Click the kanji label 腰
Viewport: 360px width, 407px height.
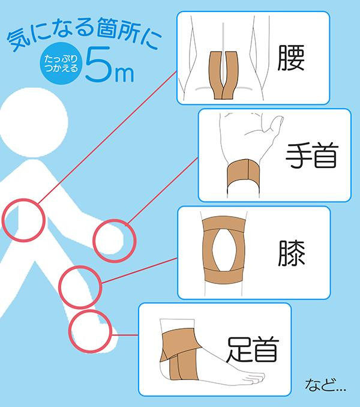(290, 58)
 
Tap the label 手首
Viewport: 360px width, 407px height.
(312, 155)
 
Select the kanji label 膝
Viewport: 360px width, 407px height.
(292, 253)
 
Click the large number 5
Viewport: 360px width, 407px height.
(98, 64)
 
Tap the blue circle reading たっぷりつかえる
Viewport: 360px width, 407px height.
(61, 63)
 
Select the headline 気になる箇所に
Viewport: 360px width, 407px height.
(82, 35)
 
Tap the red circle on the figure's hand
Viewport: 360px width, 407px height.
(94, 241)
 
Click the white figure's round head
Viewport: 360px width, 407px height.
(33, 122)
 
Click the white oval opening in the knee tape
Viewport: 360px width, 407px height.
(224, 250)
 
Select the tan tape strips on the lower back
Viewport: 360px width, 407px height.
(223, 75)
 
